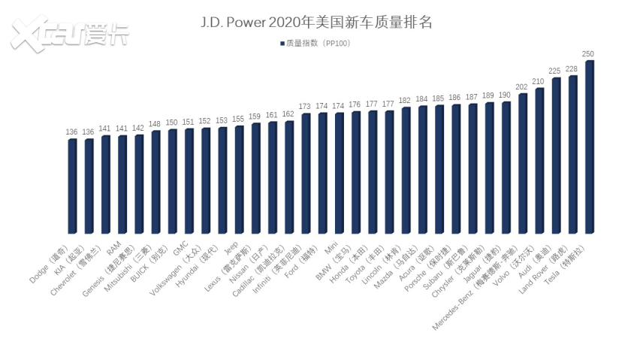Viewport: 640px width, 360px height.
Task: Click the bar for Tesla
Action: pyautogui.click(x=590, y=147)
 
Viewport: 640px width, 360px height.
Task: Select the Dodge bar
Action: pyautogui.click(x=72, y=186)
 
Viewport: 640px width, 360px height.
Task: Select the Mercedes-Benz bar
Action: pyautogui.click(x=523, y=163)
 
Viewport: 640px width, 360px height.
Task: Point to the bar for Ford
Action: pyautogui.click(x=323, y=173)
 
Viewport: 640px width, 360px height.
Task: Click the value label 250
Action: pyautogui.click(x=589, y=54)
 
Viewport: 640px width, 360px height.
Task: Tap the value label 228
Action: pyautogui.click(x=572, y=69)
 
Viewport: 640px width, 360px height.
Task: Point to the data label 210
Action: pyautogui.click(x=539, y=81)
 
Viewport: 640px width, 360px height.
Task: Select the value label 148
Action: pyautogui.click(x=155, y=124)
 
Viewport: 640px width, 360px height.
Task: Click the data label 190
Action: pyautogui.click(x=506, y=95)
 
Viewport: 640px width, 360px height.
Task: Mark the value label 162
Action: pyautogui.click(x=288, y=114)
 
